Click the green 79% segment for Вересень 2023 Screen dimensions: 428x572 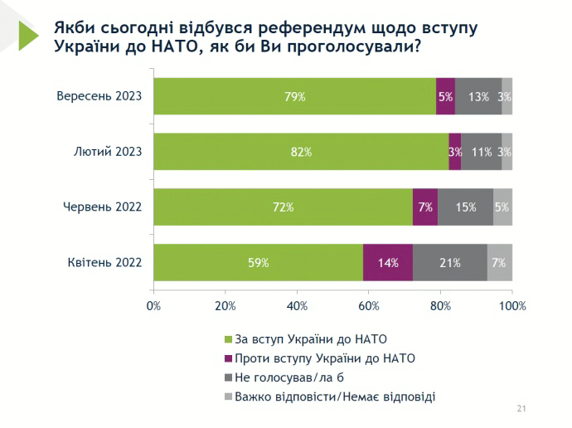click(295, 96)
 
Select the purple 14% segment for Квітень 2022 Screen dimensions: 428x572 click(388, 262)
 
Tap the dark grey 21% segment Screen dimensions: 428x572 click(449, 262)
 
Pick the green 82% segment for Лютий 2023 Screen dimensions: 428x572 click(301, 152)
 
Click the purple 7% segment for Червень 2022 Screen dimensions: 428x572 click(425, 207)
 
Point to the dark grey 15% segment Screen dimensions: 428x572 click(465, 207)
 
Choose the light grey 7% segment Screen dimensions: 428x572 click(500, 262)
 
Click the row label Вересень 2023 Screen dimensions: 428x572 click(99, 96)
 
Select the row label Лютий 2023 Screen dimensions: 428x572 click(108, 152)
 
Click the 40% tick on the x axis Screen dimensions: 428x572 click(297, 306)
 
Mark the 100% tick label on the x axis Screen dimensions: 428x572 click(511, 306)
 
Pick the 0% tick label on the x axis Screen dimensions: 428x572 click(153, 306)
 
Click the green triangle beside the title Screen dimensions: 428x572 click(30, 35)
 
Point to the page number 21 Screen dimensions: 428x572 click(521, 409)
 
